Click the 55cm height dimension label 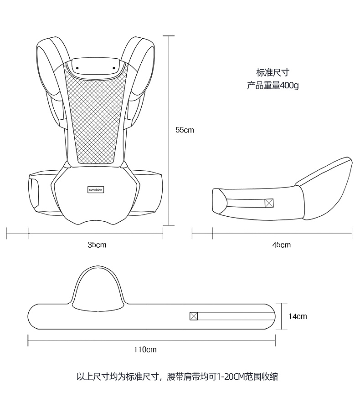185,130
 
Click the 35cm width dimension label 97,244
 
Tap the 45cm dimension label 281,244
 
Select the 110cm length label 145,350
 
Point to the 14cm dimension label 298,316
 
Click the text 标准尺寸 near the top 273,72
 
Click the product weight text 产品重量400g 273,85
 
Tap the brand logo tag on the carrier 96,189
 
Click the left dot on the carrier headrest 77,68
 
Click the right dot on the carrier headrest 114,68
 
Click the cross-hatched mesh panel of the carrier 96,118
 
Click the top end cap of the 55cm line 169,36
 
